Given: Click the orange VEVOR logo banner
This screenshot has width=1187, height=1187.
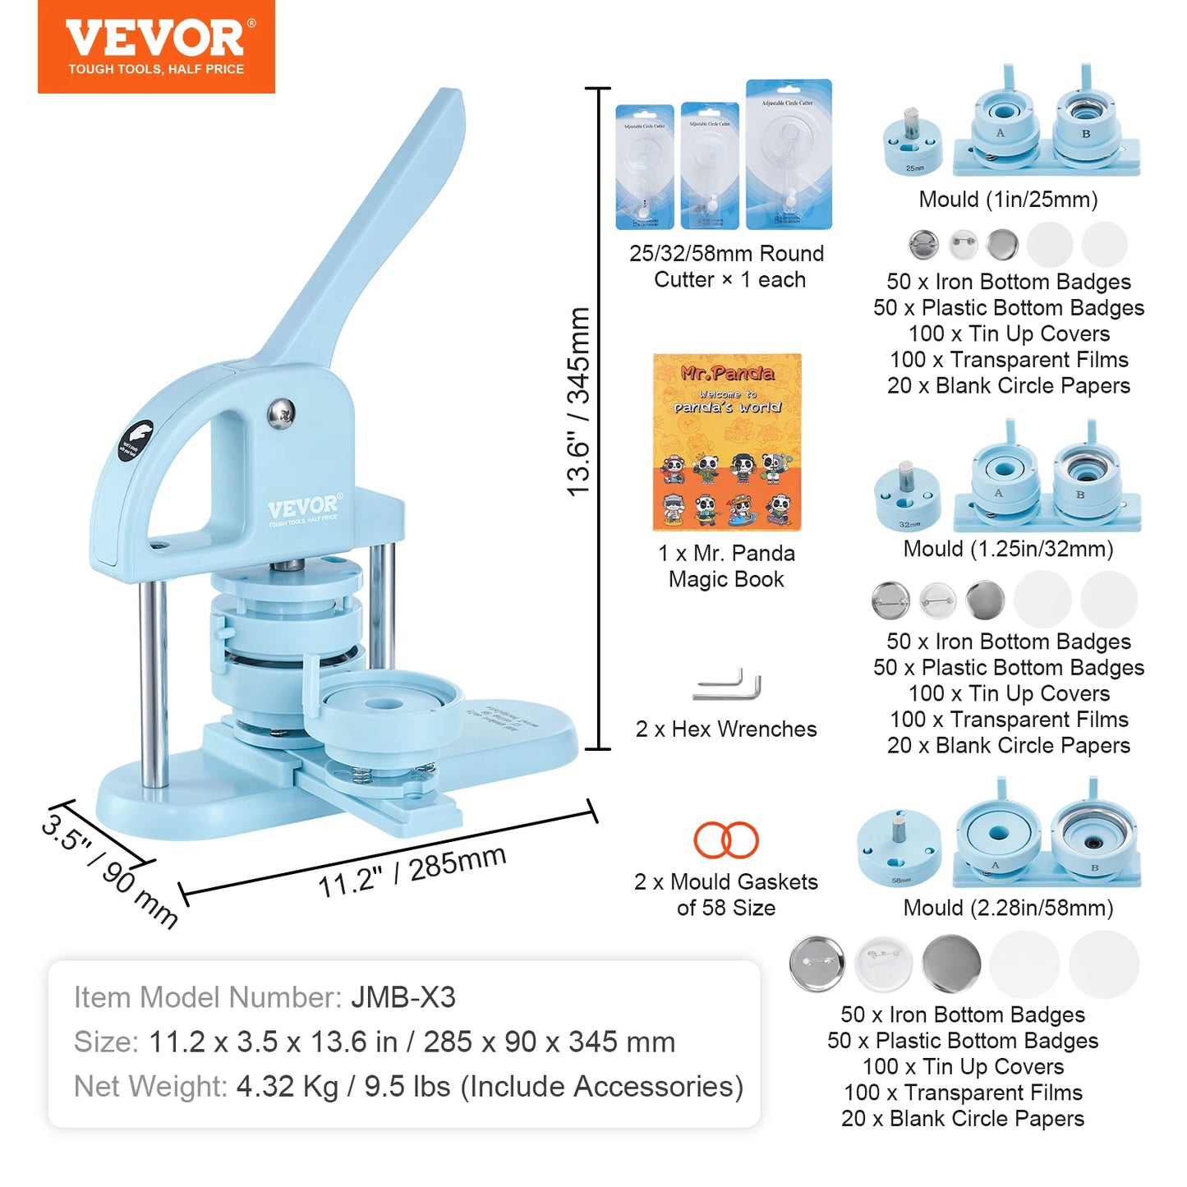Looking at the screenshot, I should [156, 47].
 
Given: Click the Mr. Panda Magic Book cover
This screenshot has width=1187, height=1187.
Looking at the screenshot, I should [727, 442].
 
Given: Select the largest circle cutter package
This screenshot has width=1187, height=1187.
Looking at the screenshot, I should [789, 154].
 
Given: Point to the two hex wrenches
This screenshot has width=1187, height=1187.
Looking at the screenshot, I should [728, 686].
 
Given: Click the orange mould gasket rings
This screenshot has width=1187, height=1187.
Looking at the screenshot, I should [726, 840].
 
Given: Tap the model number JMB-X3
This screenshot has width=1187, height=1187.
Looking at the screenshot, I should [403, 997].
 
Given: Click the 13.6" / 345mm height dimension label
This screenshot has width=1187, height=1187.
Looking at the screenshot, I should [579, 401].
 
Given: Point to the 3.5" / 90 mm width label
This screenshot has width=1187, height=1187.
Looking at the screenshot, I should [109, 870].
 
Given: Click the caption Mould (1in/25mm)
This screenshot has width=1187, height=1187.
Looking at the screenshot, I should [1008, 200].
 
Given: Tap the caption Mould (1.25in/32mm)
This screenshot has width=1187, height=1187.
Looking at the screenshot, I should [1008, 549].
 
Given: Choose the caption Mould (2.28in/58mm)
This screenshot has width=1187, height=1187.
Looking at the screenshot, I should [1008, 908].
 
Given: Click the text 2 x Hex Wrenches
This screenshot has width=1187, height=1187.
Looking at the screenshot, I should [726, 729].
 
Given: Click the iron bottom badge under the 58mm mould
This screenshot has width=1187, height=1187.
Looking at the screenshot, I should [817, 964].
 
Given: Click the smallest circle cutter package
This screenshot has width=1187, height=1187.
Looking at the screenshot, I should [645, 167].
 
